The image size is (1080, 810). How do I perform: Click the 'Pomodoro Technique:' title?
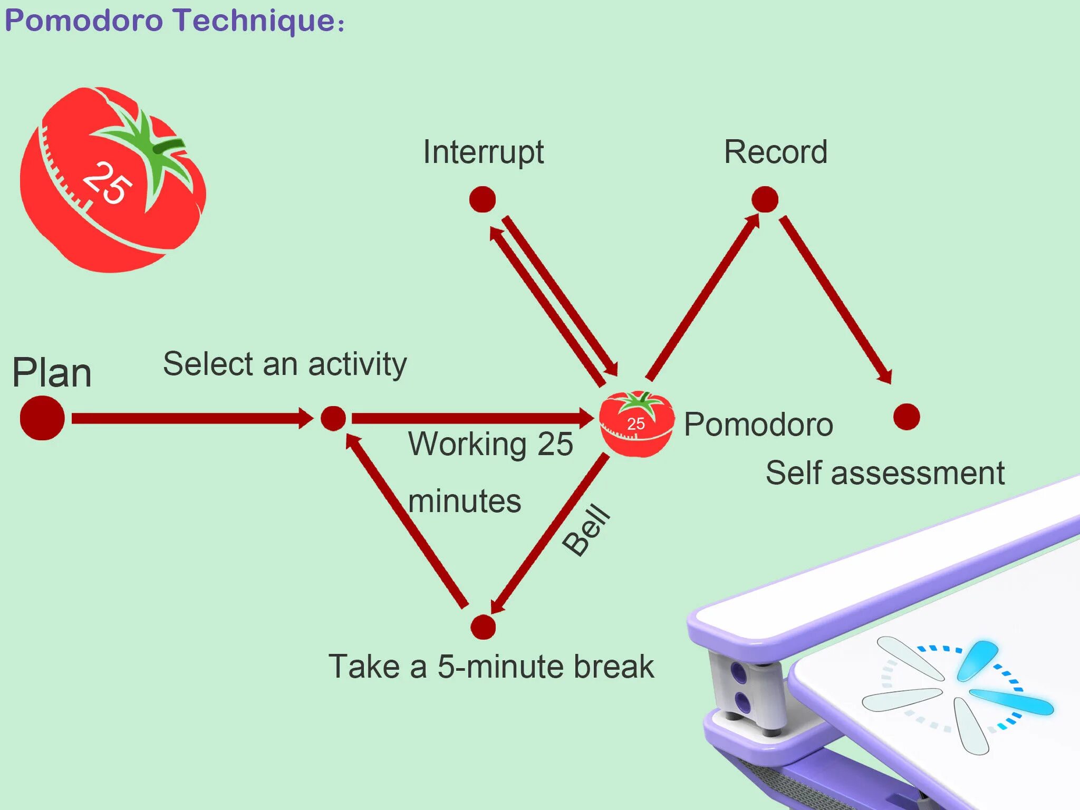[x=174, y=21]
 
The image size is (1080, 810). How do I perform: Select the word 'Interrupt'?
[x=483, y=153]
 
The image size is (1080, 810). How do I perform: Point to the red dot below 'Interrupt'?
[x=483, y=199]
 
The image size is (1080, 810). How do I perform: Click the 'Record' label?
[x=776, y=152]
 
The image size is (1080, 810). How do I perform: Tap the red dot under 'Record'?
[x=765, y=199]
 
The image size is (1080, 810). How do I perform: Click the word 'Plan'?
[x=52, y=373]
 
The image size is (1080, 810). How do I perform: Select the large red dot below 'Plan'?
[x=42, y=418]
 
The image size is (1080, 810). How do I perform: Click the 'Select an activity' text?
[x=285, y=364]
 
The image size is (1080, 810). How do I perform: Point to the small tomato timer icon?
[x=637, y=423]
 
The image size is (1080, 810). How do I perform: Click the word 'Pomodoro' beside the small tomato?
[x=758, y=425]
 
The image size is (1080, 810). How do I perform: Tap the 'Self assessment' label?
[x=885, y=472]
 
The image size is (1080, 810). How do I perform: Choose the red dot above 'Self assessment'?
[x=907, y=417]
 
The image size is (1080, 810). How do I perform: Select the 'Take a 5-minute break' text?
[x=491, y=667]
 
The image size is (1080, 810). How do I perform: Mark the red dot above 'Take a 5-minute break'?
[x=483, y=627]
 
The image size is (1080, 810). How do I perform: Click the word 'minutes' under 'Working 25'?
[x=465, y=501]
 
